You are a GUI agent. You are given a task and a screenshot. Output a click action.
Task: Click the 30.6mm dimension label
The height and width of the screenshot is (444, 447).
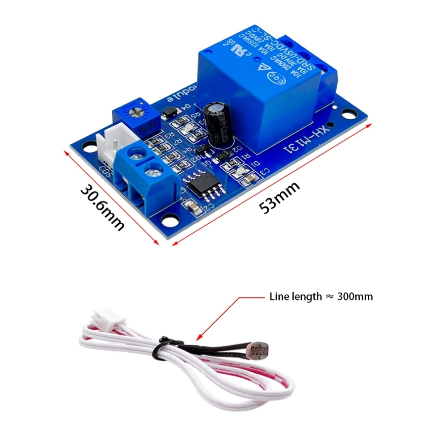tap(102, 207)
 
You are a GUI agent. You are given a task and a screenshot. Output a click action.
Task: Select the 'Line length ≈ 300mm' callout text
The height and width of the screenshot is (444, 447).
tap(321, 296)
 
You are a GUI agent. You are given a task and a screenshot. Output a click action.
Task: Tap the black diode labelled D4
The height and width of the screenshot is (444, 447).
tap(169, 113)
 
